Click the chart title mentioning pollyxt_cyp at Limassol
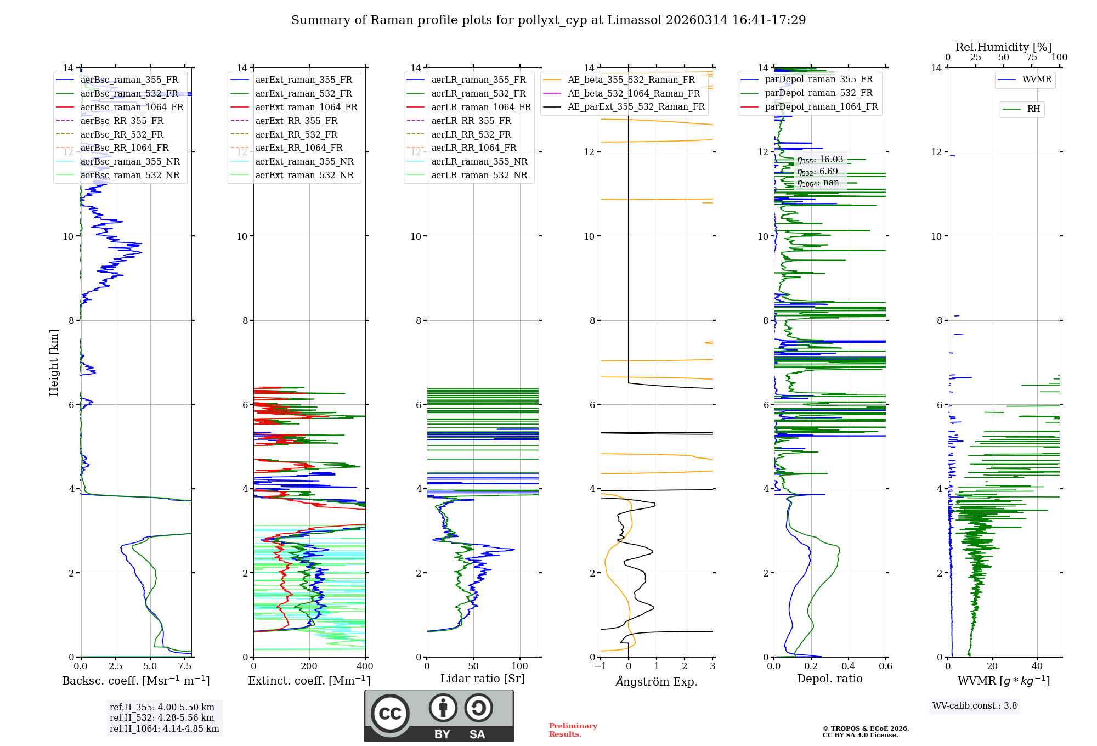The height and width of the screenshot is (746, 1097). point(548,20)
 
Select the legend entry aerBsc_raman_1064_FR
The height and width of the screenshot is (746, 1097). point(132,107)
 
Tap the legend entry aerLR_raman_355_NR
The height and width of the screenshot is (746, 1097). point(479,161)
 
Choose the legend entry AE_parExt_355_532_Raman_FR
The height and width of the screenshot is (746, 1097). point(636,106)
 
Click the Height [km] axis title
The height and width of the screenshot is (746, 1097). point(54,362)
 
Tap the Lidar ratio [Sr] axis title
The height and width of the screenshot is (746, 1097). point(483,679)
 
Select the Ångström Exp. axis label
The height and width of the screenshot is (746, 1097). point(657,681)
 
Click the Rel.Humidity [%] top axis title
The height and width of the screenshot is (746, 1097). point(1003,47)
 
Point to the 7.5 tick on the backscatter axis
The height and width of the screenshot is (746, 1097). point(185,666)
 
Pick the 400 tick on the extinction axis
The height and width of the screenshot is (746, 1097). point(365,666)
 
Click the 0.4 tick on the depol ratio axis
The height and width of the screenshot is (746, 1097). point(849,666)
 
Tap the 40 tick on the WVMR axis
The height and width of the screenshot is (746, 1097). point(1037,666)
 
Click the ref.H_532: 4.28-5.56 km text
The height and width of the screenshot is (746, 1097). point(162,717)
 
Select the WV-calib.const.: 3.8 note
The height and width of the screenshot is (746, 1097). point(975,705)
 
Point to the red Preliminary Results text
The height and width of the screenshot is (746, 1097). point(573,730)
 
